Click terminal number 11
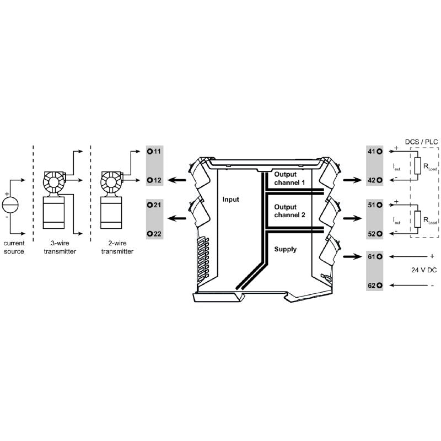(154, 150)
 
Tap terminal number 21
(154, 205)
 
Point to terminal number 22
(154, 234)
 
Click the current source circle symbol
(10, 206)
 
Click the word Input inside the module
(230, 200)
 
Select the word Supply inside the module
(285, 249)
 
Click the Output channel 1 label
(289, 179)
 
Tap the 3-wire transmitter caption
(60, 247)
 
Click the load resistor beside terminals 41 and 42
(418, 165)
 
